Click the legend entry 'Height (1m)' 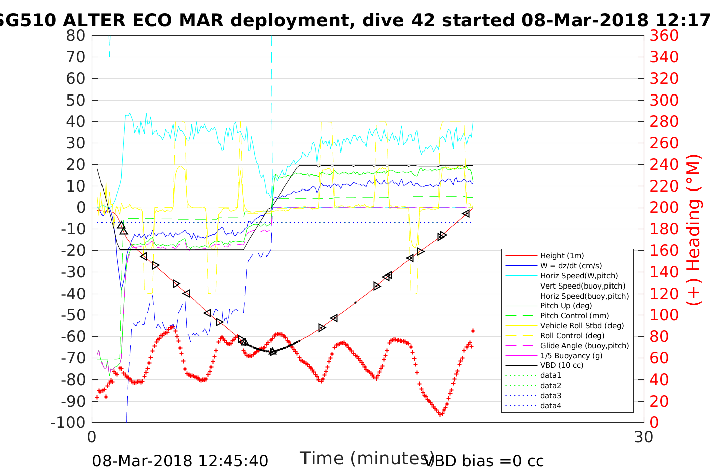(x=562, y=256)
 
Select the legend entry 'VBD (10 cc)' (x=562, y=365)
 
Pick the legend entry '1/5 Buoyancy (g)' (x=571, y=355)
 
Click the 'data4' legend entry (x=550, y=405)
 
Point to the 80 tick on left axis (x=76, y=36)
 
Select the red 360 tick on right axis (x=664, y=36)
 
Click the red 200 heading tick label (x=664, y=208)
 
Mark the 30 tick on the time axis (x=644, y=437)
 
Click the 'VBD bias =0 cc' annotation (x=484, y=461)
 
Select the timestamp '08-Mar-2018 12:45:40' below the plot (x=180, y=461)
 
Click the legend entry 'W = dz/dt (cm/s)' (x=571, y=266)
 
